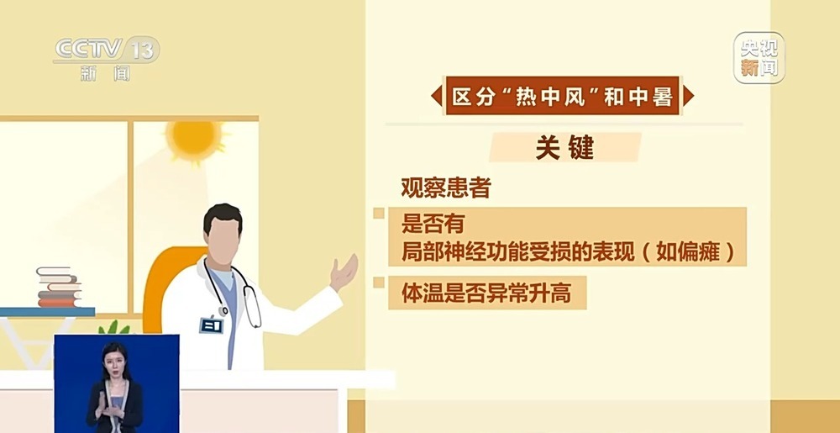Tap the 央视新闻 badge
pos(759,57)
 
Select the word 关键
pos(564,148)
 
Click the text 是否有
pos(432,224)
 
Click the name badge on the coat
pos(210,325)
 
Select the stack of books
pos(59,288)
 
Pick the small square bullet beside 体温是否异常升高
pos(379,283)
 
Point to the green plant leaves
pos(113,328)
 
